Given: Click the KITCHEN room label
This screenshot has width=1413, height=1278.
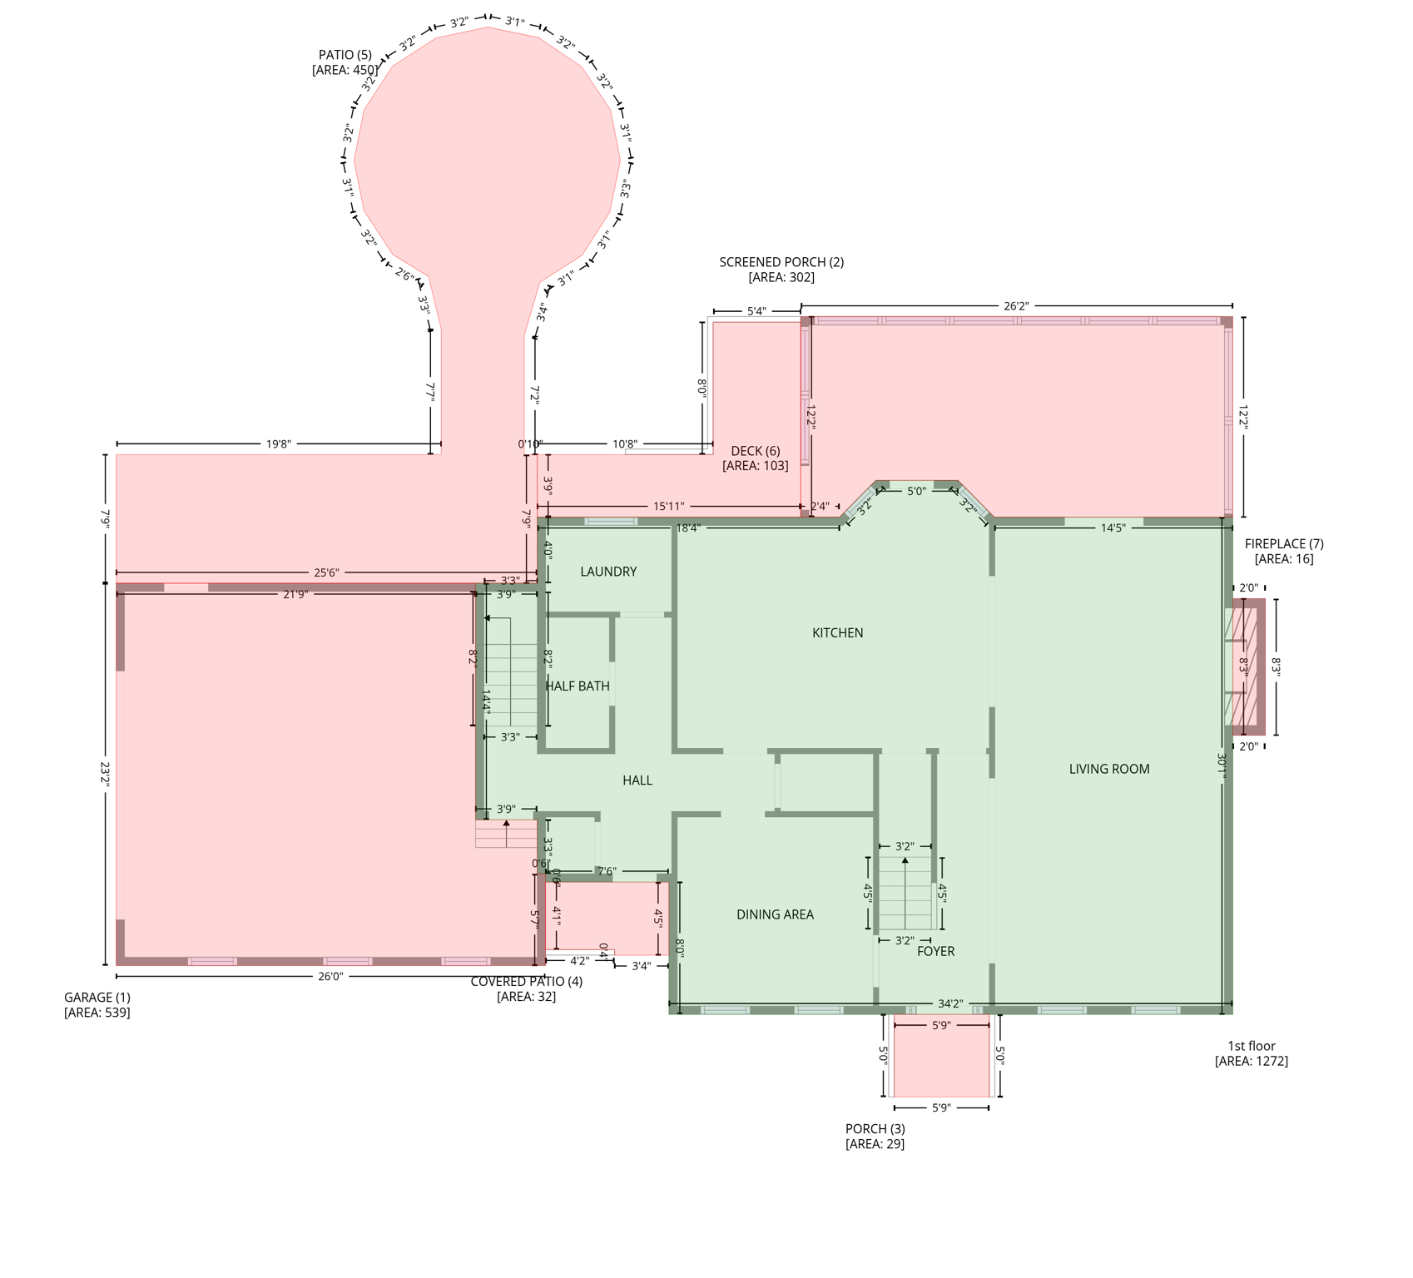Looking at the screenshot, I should coord(837,633).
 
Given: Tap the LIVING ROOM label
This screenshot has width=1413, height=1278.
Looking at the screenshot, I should coord(1108,769).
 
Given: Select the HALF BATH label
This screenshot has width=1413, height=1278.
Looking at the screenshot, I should coord(578,686).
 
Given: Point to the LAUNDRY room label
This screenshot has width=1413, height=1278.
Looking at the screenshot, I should coord(608,572).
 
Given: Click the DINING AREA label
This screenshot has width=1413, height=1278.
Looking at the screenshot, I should coord(775,914).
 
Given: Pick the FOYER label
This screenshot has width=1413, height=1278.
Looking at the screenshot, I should coord(935,951).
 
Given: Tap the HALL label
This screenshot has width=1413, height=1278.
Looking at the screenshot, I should coord(637,780).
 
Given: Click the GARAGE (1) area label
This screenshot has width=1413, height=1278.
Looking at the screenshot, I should coord(97,998).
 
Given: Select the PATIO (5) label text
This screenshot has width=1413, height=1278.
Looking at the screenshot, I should coord(345,56).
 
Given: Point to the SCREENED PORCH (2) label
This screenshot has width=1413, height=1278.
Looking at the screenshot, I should coord(781,262).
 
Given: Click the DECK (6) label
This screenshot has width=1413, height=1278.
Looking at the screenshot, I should coord(755,451).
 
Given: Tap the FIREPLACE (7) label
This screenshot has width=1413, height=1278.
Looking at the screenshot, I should coord(1283,544).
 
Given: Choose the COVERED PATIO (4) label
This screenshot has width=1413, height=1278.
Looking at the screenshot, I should coord(526,982).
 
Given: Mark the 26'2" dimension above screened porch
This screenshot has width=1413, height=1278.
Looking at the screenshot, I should coord(1015,306).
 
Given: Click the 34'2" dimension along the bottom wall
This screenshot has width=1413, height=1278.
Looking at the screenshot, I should coord(949,1004).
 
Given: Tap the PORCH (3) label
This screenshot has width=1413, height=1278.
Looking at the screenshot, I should coord(875,1129).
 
